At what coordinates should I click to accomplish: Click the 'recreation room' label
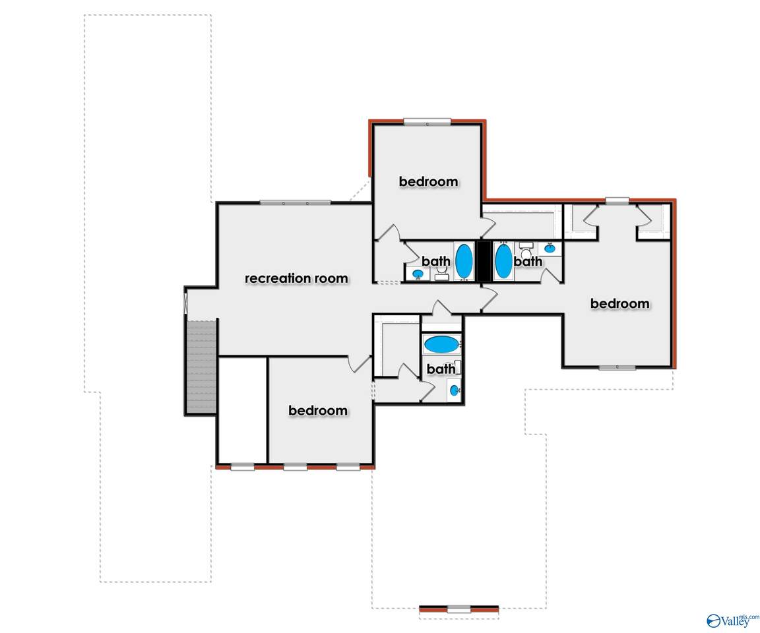(x=296, y=278)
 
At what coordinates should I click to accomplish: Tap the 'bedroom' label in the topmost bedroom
(x=428, y=181)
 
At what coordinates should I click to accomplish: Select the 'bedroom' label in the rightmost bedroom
(x=620, y=304)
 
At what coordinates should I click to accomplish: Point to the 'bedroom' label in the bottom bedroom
(x=318, y=411)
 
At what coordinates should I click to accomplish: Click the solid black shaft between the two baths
(x=484, y=262)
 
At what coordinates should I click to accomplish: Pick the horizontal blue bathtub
(x=441, y=345)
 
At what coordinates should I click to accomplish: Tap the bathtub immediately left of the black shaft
(x=464, y=262)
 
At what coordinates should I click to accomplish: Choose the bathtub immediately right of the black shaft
(x=503, y=262)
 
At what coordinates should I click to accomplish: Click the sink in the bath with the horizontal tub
(x=454, y=390)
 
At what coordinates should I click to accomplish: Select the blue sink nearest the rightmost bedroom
(x=550, y=249)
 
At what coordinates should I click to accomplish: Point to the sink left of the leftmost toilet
(x=418, y=274)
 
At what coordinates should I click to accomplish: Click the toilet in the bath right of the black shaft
(x=526, y=251)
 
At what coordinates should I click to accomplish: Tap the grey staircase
(x=201, y=366)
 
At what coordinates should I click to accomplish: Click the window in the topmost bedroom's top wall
(x=427, y=122)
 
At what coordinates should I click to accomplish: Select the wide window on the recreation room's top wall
(x=295, y=202)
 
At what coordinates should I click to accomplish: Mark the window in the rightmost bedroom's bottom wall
(x=617, y=367)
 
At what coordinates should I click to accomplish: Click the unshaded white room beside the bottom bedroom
(x=243, y=410)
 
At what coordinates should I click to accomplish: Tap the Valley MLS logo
(x=732, y=620)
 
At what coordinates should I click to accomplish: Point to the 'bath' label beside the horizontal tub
(x=441, y=369)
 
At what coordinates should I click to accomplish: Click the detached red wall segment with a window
(x=459, y=609)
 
